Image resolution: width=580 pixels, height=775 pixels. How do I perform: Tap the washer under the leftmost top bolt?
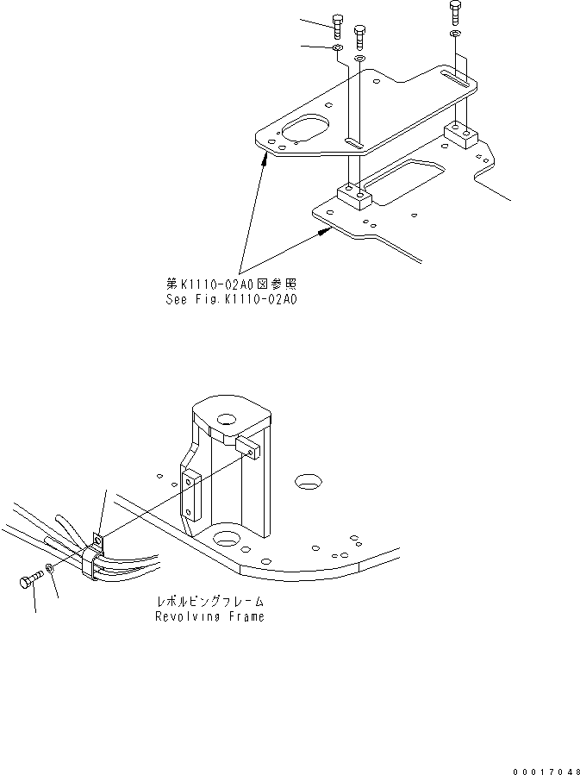(x=337, y=50)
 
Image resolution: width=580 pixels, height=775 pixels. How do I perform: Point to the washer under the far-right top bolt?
(x=454, y=34)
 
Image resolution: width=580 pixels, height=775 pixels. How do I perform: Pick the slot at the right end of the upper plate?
(x=457, y=80)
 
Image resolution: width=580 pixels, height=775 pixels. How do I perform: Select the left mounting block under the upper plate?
(x=352, y=196)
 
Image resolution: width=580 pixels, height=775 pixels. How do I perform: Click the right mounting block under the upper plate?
(x=460, y=134)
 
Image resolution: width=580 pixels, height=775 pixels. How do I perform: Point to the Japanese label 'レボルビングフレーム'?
(x=210, y=601)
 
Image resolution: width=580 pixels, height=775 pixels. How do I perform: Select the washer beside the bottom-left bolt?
(x=53, y=569)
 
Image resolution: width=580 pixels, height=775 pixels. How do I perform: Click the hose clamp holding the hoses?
(x=93, y=556)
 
